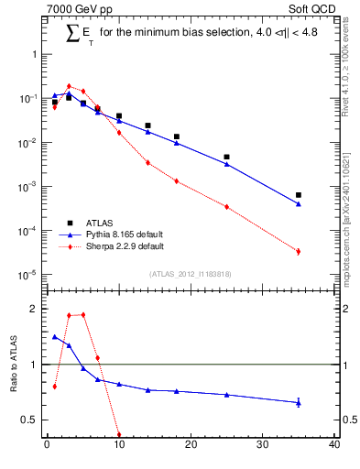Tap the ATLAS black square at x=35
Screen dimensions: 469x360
point(299,195)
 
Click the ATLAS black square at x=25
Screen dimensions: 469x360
point(226,157)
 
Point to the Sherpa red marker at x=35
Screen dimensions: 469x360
point(299,251)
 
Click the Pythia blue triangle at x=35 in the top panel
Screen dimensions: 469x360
point(299,203)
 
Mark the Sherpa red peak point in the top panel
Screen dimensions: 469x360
point(69,86)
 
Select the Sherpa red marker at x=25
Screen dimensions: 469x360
point(226,207)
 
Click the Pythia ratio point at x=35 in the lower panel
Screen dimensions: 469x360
point(299,402)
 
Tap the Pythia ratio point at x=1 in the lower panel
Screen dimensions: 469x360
point(54,336)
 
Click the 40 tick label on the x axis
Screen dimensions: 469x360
point(334,447)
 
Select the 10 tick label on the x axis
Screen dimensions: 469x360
point(119,447)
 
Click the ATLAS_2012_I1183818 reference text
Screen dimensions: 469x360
point(191,274)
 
